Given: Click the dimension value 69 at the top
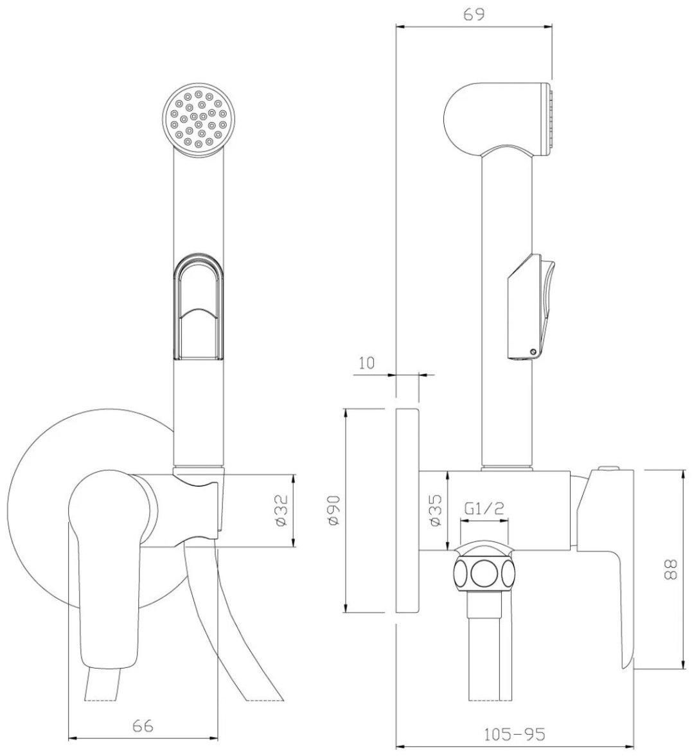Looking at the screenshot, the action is click(474, 15).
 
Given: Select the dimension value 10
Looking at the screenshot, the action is click(367, 362).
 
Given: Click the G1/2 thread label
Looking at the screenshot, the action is click(485, 509).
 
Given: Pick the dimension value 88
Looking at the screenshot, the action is click(672, 570).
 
